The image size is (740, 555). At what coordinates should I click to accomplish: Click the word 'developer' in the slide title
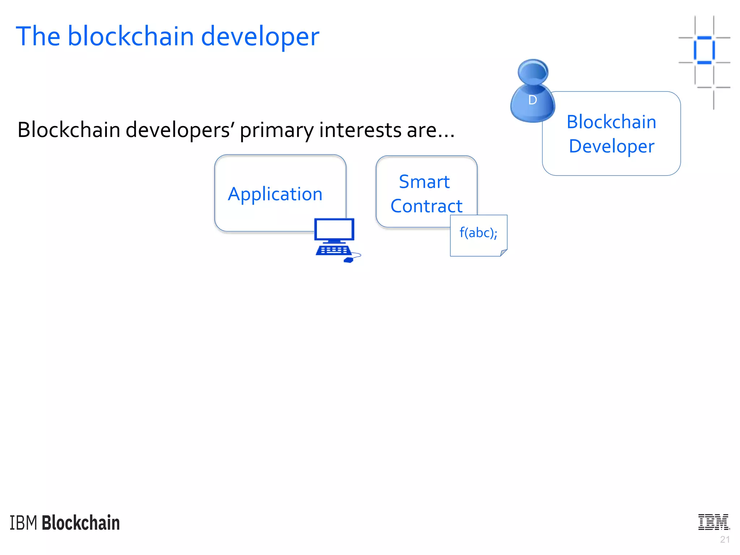tap(260, 37)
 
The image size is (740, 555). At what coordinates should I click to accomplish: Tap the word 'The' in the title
tap(38, 36)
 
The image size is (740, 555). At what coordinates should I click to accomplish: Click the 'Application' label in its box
tap(275, 194)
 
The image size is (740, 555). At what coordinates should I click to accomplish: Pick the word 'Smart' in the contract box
tap(424, 182)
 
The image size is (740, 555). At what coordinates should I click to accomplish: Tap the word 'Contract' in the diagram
tap(426, 206)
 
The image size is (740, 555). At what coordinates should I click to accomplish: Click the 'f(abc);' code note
tap(478, 233)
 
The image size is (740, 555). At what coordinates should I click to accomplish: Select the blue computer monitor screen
tap(334, 229)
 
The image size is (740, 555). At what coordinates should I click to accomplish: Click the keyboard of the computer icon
tap(334, 250)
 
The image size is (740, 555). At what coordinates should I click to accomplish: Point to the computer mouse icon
tap(349, 259)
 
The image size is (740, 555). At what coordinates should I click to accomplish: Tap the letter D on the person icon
tap(532, 100)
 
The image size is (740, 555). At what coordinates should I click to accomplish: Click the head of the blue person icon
tap(533, 72)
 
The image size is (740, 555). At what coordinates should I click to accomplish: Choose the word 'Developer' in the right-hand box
tap(611, 146)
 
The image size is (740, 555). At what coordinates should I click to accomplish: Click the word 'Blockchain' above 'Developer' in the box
tap(611, 122)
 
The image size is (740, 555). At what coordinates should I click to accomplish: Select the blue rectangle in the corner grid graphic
tap(704, 50)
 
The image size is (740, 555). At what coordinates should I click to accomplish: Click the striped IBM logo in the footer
tap(714, 522)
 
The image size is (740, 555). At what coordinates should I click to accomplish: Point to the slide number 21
tap(724, 539)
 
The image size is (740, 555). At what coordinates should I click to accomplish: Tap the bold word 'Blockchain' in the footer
tap(81, 523)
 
